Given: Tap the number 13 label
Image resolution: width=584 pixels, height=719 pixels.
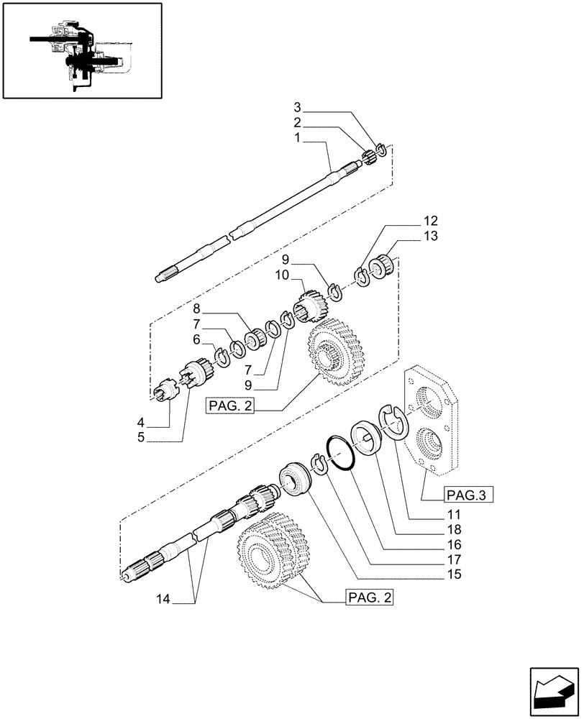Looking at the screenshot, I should [x=431, y=236].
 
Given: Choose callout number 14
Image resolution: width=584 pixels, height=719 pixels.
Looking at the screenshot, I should [x=163, y=597].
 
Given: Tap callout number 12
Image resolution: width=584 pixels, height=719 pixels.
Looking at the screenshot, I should [x=431, y=221].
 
